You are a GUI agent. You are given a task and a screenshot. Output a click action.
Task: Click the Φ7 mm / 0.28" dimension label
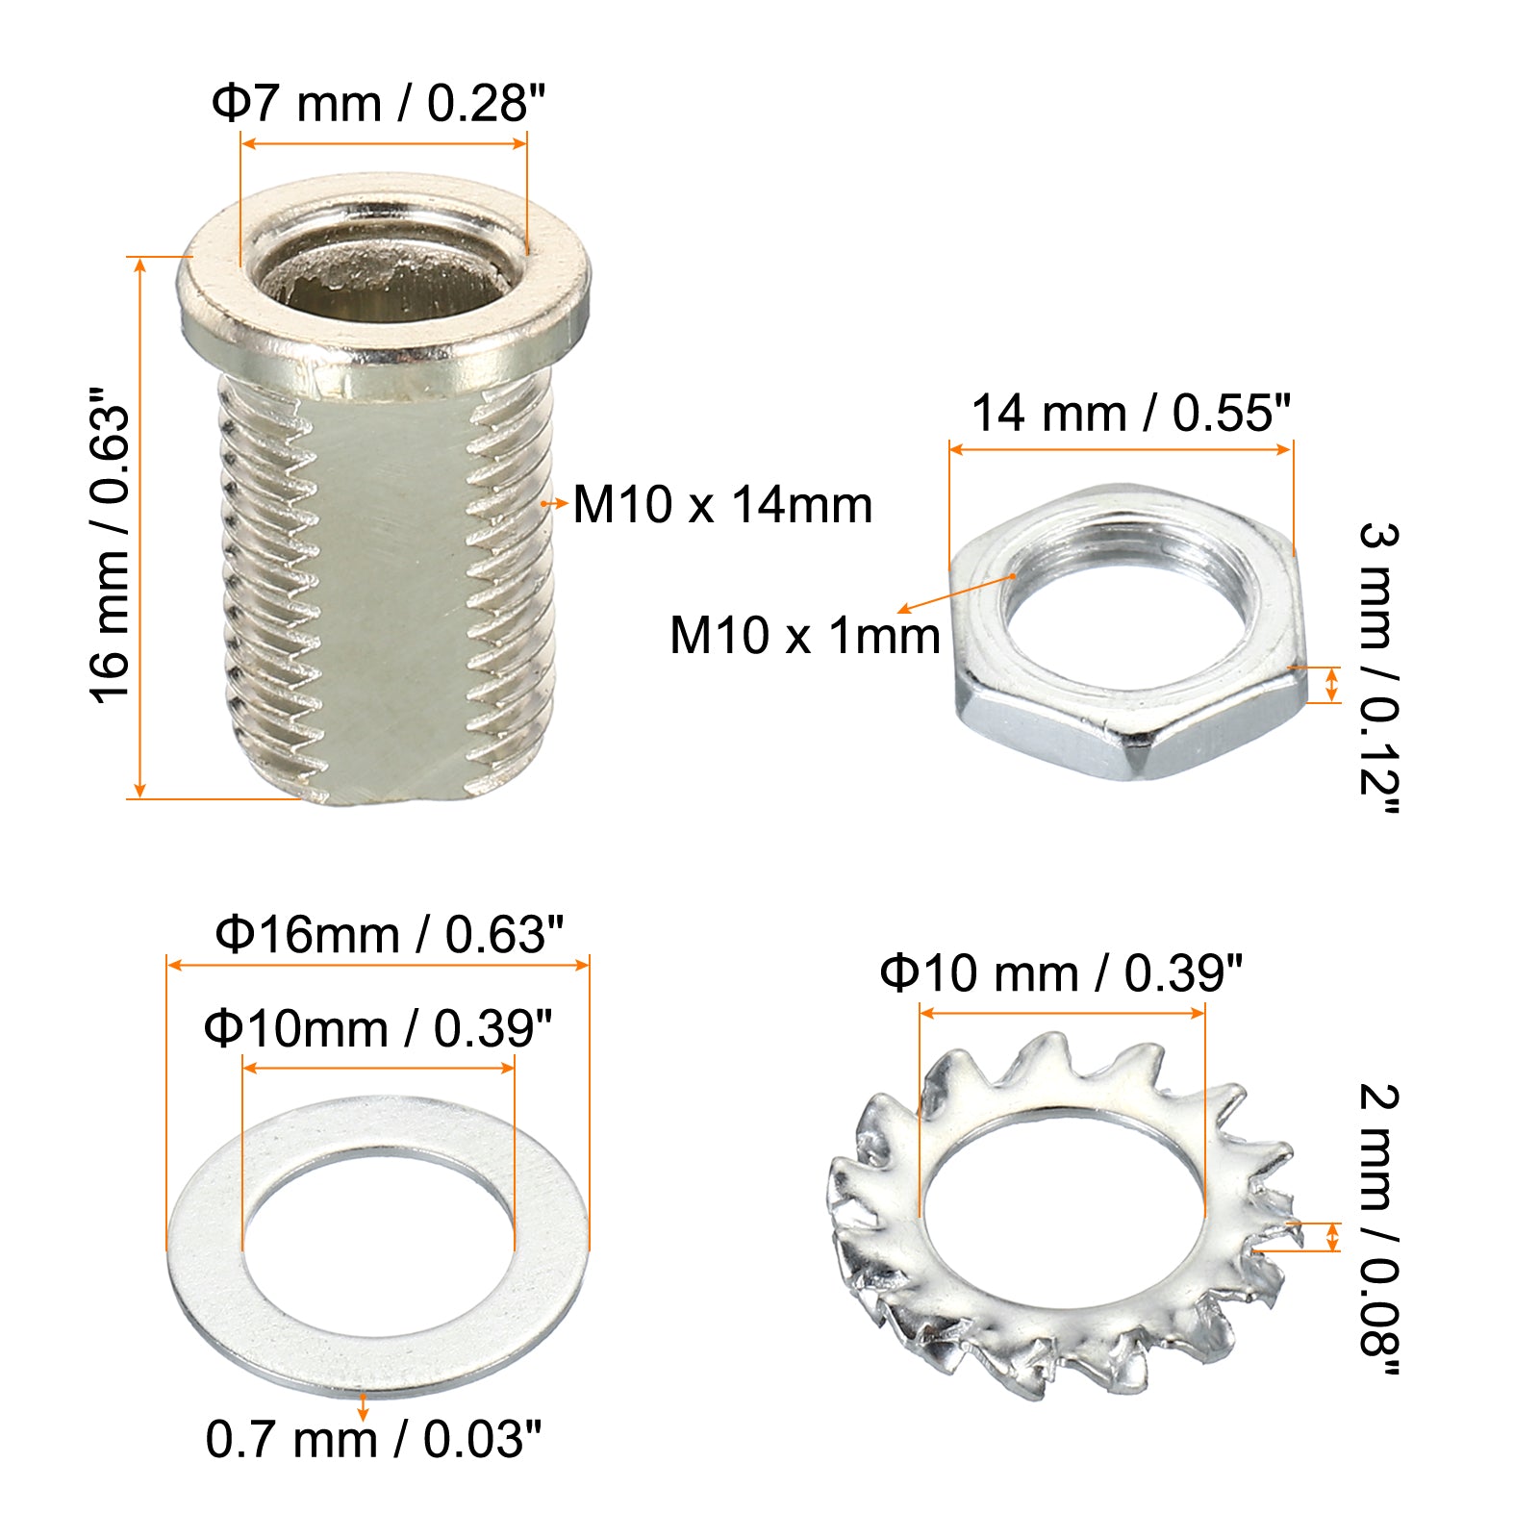pyautogui.click(x=378, y=103)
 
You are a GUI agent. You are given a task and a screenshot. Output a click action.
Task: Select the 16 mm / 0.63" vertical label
pyautogui.click(x=110, y=546)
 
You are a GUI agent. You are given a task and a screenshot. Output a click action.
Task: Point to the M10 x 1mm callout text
pyautogui.click(x=804, y=636)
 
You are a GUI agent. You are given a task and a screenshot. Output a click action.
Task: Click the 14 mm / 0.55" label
pyautogui.click(x=1130, y=414)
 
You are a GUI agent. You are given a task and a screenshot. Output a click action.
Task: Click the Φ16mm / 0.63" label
pyautogui.click(x=389, y=934)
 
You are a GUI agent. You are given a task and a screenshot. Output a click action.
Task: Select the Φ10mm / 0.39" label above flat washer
pyautogui.click(x=378, y=1028)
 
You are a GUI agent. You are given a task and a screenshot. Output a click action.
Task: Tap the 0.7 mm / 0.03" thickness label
pyautogui.click(x=373, y=1439)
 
